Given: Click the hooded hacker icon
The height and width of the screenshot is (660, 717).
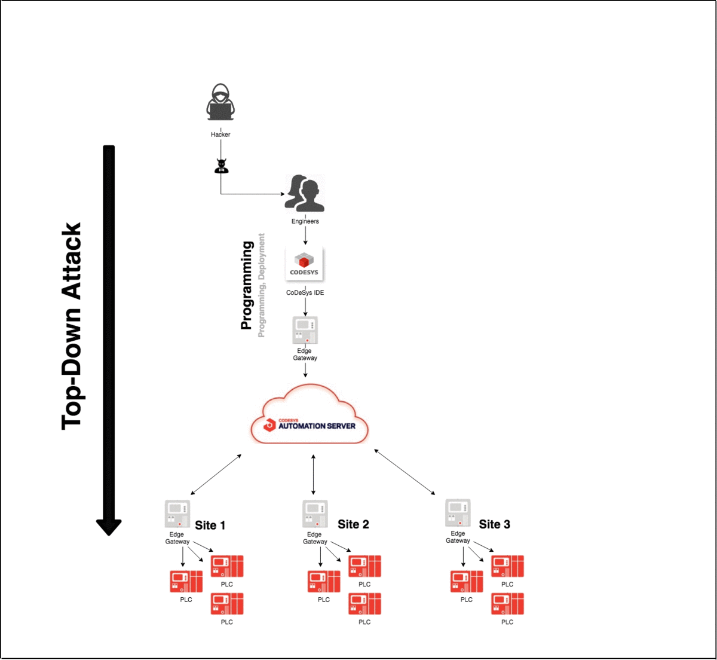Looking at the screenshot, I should click(220, 103).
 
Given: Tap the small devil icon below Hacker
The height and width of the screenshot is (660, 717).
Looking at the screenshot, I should click(221, 166).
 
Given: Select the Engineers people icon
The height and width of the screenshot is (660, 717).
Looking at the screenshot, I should click(305, 194).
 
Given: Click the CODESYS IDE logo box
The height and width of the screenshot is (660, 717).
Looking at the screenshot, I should click(304, 264).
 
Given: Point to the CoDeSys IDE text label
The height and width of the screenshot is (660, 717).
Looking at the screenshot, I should click(305, 293).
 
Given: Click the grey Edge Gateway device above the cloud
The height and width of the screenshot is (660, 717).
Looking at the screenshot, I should click(305, 330).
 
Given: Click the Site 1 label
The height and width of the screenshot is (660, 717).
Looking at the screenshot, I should click(210, 525).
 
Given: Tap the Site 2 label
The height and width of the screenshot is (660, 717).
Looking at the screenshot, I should click(353, 524).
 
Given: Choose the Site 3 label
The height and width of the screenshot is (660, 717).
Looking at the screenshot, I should click(494, 524).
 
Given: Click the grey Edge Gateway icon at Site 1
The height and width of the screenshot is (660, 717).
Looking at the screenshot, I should click(177, 514).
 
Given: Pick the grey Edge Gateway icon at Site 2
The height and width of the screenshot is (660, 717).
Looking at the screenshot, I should click(315, 514).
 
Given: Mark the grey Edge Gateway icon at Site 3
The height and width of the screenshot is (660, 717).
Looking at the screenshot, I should click(458, 513).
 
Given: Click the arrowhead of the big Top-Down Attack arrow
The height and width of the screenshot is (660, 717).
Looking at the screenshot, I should click(109, 527).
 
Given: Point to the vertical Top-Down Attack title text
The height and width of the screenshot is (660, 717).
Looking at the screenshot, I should click(72, 326).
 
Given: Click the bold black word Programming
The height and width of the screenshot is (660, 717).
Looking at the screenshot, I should click(246, 285).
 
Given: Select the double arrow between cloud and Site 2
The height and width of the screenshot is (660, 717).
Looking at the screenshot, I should click(313, 474).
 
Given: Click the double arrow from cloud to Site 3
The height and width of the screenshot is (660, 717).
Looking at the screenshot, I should click(405, 472).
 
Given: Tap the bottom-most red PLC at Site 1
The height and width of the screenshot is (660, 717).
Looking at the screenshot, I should click(227, 604).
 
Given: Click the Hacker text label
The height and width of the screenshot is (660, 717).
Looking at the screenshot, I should click(220, 135).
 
